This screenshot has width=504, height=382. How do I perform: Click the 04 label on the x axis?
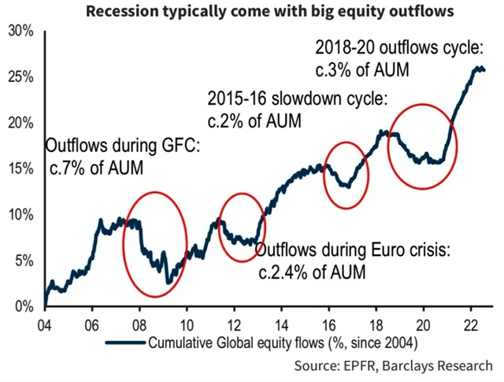coord(45,322)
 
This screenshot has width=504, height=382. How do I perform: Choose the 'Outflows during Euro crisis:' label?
coord(353,252)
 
